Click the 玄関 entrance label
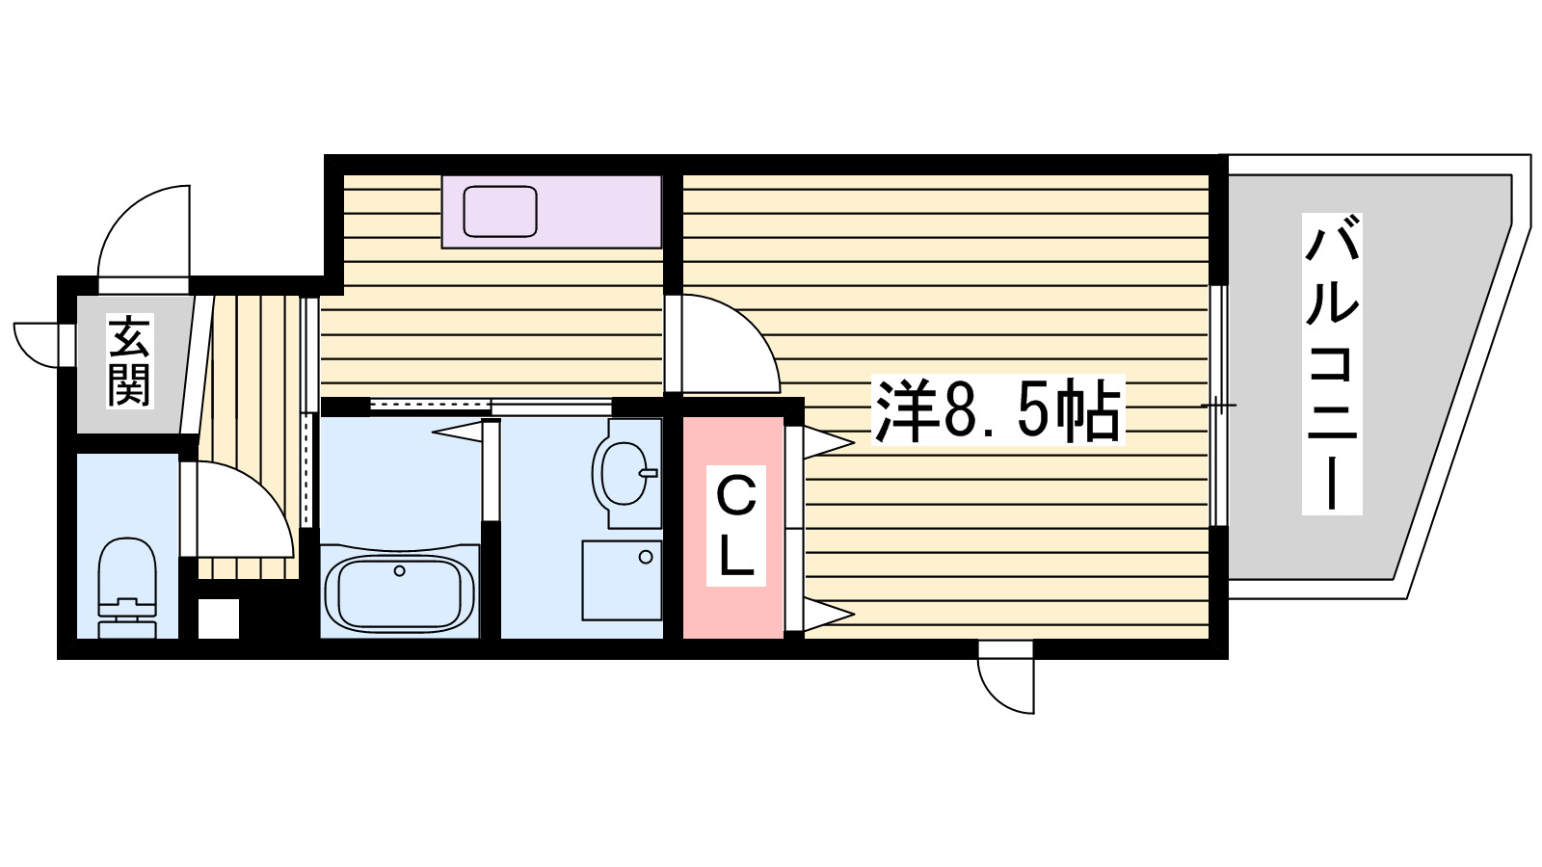click(x=129, y=360)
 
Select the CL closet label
click(x=735, y=527)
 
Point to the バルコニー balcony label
click(x=1331, y=363)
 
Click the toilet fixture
click(x=127, y=588)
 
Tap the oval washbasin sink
click(x=622, y=473)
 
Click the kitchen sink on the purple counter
click(x=499, y=211)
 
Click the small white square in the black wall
click(x=219, y=618)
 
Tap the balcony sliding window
click(x=1218, y=406)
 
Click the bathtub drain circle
click(x=399, y=571)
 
